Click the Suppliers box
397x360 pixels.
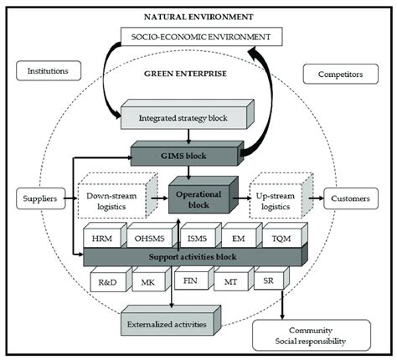click(x=36, y=198)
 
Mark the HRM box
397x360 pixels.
click(x=103, y=237)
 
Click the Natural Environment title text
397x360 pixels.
click(x=198, y=16)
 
